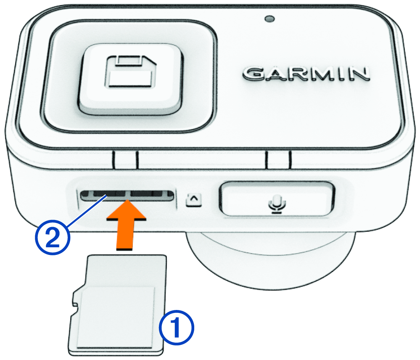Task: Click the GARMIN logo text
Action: (306, 74)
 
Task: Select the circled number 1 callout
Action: (177, 327)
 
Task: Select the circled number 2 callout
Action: (52, 237)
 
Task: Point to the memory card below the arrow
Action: (117, 305)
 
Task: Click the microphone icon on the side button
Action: (277, 204)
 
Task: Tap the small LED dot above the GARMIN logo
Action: (269, 19)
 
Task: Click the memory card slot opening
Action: (127, 196)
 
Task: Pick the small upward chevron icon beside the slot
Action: (194, 199)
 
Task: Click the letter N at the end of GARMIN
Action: (359, 74)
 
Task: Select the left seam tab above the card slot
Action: (125, 160)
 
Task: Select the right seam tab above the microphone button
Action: (279, 160)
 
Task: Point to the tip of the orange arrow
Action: (127, 200)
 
